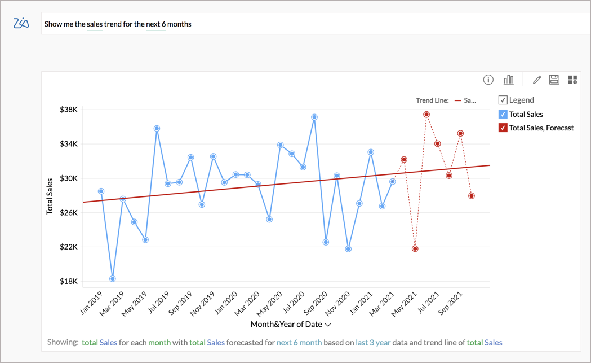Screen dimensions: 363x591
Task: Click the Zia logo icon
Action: tap(21, 23)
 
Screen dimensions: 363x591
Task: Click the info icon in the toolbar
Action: tap(488, 80)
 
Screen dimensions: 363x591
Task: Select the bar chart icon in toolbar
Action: tap(508, 80)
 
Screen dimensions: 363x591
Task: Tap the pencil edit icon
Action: tap(536, 80)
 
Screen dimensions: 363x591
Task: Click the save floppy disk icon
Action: tap(554, 80)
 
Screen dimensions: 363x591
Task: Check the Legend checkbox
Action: tap(503, 100)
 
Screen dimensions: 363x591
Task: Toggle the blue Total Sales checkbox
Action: tap(503, 114)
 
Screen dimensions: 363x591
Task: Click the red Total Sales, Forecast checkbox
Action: tap(503, 128)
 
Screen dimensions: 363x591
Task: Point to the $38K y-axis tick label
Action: tap(68, 110)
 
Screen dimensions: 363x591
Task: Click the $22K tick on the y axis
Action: tap(68, 247)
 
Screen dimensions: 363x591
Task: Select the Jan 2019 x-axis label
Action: tap(92, 304)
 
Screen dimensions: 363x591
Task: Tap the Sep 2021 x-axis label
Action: tap(451, 304)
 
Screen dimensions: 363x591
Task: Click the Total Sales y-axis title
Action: tap(50, 196)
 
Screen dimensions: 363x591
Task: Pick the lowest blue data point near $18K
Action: tap(113, 279)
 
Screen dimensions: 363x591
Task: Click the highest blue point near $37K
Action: tap(314, 117)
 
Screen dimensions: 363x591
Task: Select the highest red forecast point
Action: tap(426, 115)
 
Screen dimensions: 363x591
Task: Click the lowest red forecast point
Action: tap(415, 249)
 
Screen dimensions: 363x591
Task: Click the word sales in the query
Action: tap(95, 24)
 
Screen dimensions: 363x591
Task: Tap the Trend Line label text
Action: tap(432, 100)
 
